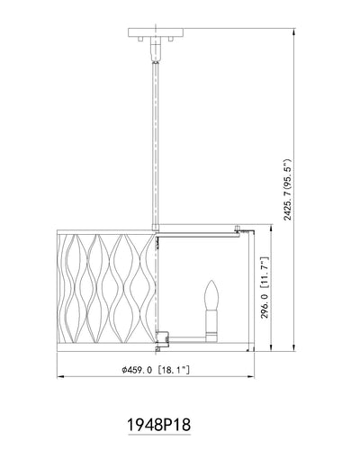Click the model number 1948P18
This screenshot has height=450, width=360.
click(x=159, y=425)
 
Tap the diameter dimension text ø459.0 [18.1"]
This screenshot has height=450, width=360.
click(x=156, y=370)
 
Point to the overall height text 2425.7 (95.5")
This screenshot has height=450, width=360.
click(x=288, y=190)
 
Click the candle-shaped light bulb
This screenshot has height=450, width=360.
click(x=211, y=296)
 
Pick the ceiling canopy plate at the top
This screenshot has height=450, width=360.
click(x=156, y=32)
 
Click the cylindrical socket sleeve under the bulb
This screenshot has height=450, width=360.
click(x=211, y=327)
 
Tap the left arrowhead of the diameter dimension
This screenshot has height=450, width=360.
click(x=60, y=377)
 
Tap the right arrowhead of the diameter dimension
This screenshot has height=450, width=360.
click(x=251, y=377)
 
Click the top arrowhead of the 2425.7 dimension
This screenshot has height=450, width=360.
click(x=293, y=31)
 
